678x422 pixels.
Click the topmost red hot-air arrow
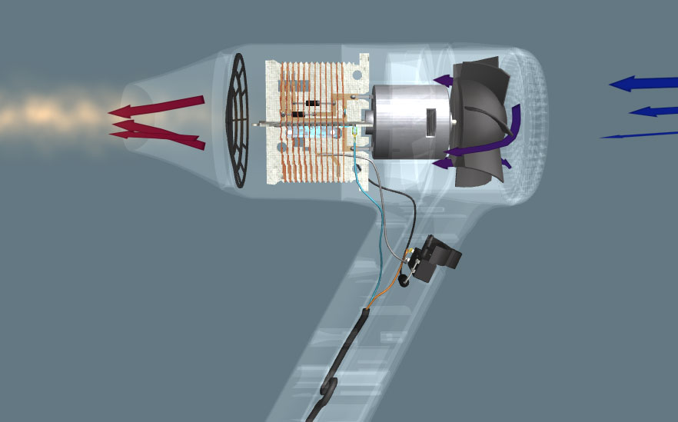(x=158, y=107)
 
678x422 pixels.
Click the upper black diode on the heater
(x=312, y=103)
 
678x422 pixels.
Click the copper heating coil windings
(x=307, y=154)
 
